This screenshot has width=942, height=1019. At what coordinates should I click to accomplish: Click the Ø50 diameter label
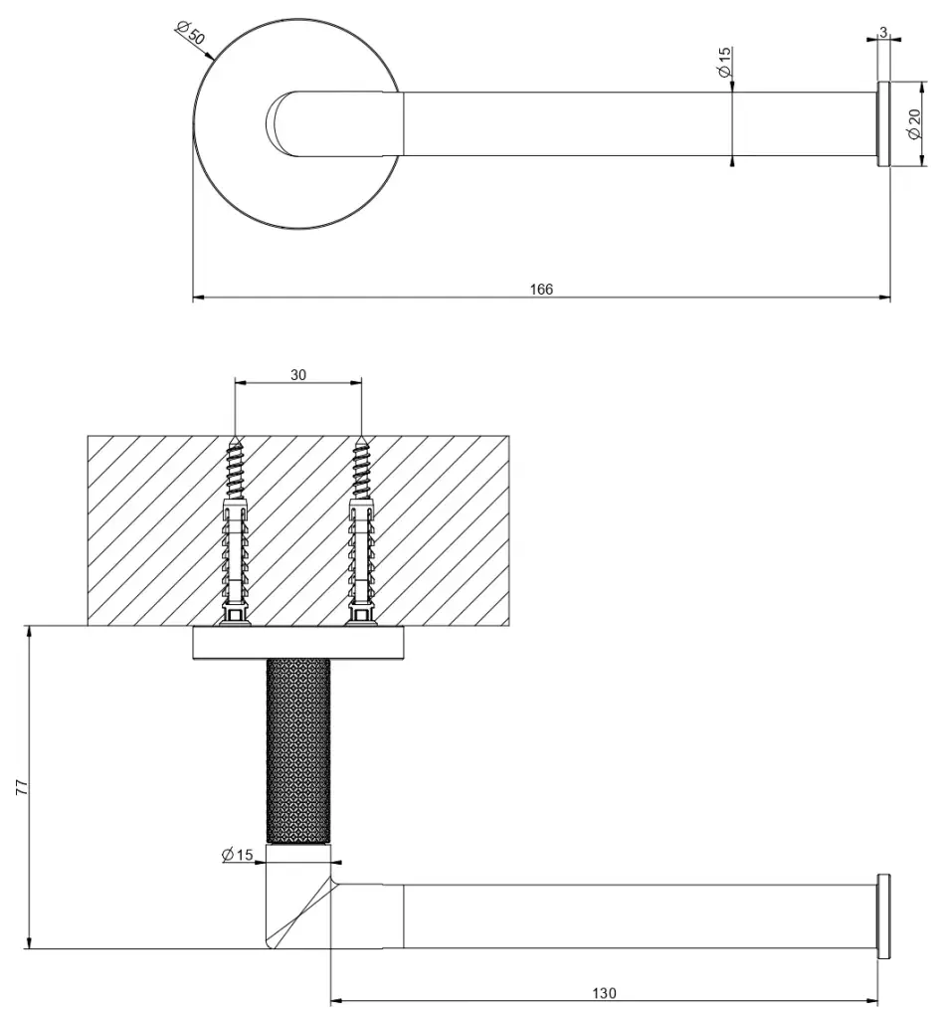(x=190, y=32)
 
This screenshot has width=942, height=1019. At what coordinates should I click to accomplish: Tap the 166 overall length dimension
(x=541, y=290)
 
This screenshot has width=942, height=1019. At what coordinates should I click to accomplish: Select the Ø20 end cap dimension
(x=915, y=123)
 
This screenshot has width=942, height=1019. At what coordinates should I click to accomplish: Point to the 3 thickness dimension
(x=883, y=32)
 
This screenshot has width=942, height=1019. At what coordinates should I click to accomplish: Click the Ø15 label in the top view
(x=725, y=63)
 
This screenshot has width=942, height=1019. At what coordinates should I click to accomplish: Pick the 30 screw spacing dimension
(x=298, y=375)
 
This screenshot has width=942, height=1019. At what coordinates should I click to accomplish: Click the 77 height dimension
(x=22, y=787)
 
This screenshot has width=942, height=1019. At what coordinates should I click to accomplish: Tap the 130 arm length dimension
(x=604, y=993)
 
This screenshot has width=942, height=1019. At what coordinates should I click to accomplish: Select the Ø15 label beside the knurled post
(x=237, y=854)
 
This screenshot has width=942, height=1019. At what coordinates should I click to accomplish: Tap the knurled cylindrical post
(x=298, y=750)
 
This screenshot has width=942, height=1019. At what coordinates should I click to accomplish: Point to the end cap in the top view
(x=883, y=124)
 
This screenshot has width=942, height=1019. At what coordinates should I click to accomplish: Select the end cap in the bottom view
(x=883, y=917)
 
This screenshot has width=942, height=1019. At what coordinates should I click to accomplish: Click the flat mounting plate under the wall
(x=298, y=644)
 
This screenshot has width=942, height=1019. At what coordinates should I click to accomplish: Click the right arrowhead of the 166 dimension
(x=885, y=298)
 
